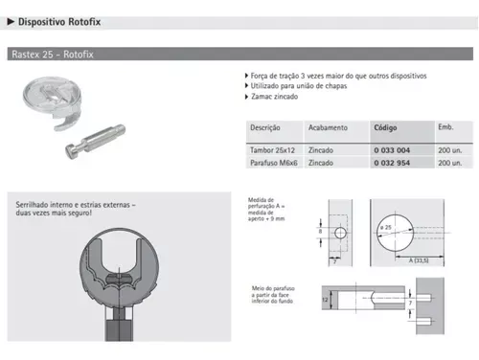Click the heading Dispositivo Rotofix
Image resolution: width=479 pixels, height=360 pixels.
click(61, 20)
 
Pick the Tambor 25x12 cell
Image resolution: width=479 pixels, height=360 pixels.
click(273, 149)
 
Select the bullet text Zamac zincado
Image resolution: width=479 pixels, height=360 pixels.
click(272, 97)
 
